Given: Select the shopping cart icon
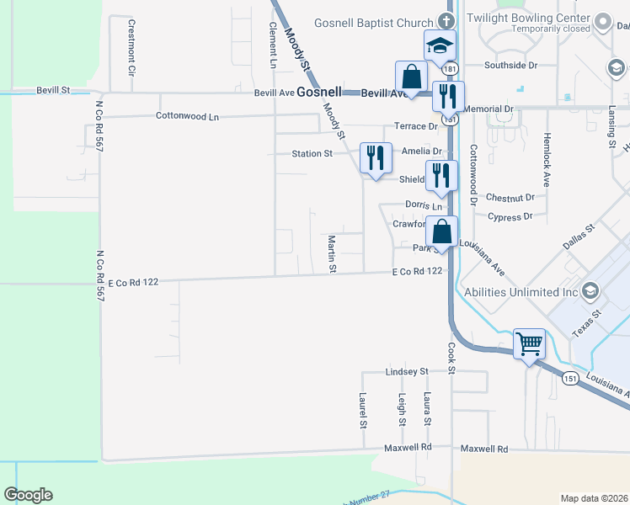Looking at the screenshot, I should [529, 343].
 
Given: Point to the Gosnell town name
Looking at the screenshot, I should [318, 93].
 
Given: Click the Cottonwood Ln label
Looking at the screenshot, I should [187, 116].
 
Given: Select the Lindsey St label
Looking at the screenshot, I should [407, 371].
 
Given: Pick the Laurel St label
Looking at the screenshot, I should [362, 410].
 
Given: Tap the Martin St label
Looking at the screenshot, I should [333, 254].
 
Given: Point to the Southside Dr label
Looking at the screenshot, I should [510, 65].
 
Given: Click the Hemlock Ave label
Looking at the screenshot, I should [546, 158].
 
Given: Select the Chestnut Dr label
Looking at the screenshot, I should [510, 198].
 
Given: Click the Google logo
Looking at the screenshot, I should [28, 495].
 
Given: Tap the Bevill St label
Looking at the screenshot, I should [52, 89].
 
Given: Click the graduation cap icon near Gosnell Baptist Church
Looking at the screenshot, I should [439, 46].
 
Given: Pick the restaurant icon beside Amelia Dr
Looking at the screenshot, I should [374, 157].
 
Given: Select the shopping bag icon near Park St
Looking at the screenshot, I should [441, 230].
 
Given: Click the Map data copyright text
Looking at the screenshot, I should [593, 498].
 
